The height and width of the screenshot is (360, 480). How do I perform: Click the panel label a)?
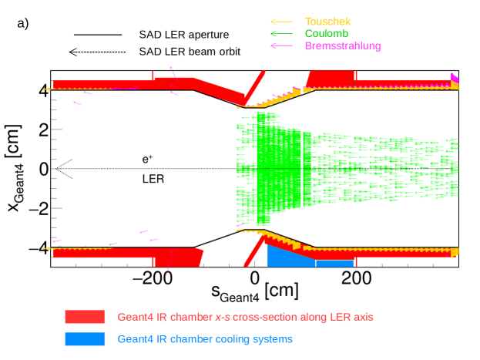click(x=22, y=23)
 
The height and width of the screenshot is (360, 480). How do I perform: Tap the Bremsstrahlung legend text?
click(x=342, y=46)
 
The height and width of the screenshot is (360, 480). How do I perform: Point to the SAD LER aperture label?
click(x=184, y=35)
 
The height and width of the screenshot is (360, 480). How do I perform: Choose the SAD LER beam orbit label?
click(x=190, y=52)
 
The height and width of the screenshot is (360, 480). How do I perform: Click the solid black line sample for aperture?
click(x=98, y=35)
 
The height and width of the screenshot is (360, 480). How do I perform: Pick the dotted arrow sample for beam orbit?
click(x=97, y=52)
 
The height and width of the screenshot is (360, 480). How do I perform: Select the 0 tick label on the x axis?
click(x=253, y=279)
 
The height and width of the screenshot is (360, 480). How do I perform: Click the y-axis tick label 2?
click(x=43, y=129)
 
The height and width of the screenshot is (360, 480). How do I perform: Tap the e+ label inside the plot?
click(x=148, y=159)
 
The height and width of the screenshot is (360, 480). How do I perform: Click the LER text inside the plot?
click(x=153, y=178)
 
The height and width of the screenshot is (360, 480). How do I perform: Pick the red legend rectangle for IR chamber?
click(x=85, y=317)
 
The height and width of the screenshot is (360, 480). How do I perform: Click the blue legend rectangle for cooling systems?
click(x=85, y=338)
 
